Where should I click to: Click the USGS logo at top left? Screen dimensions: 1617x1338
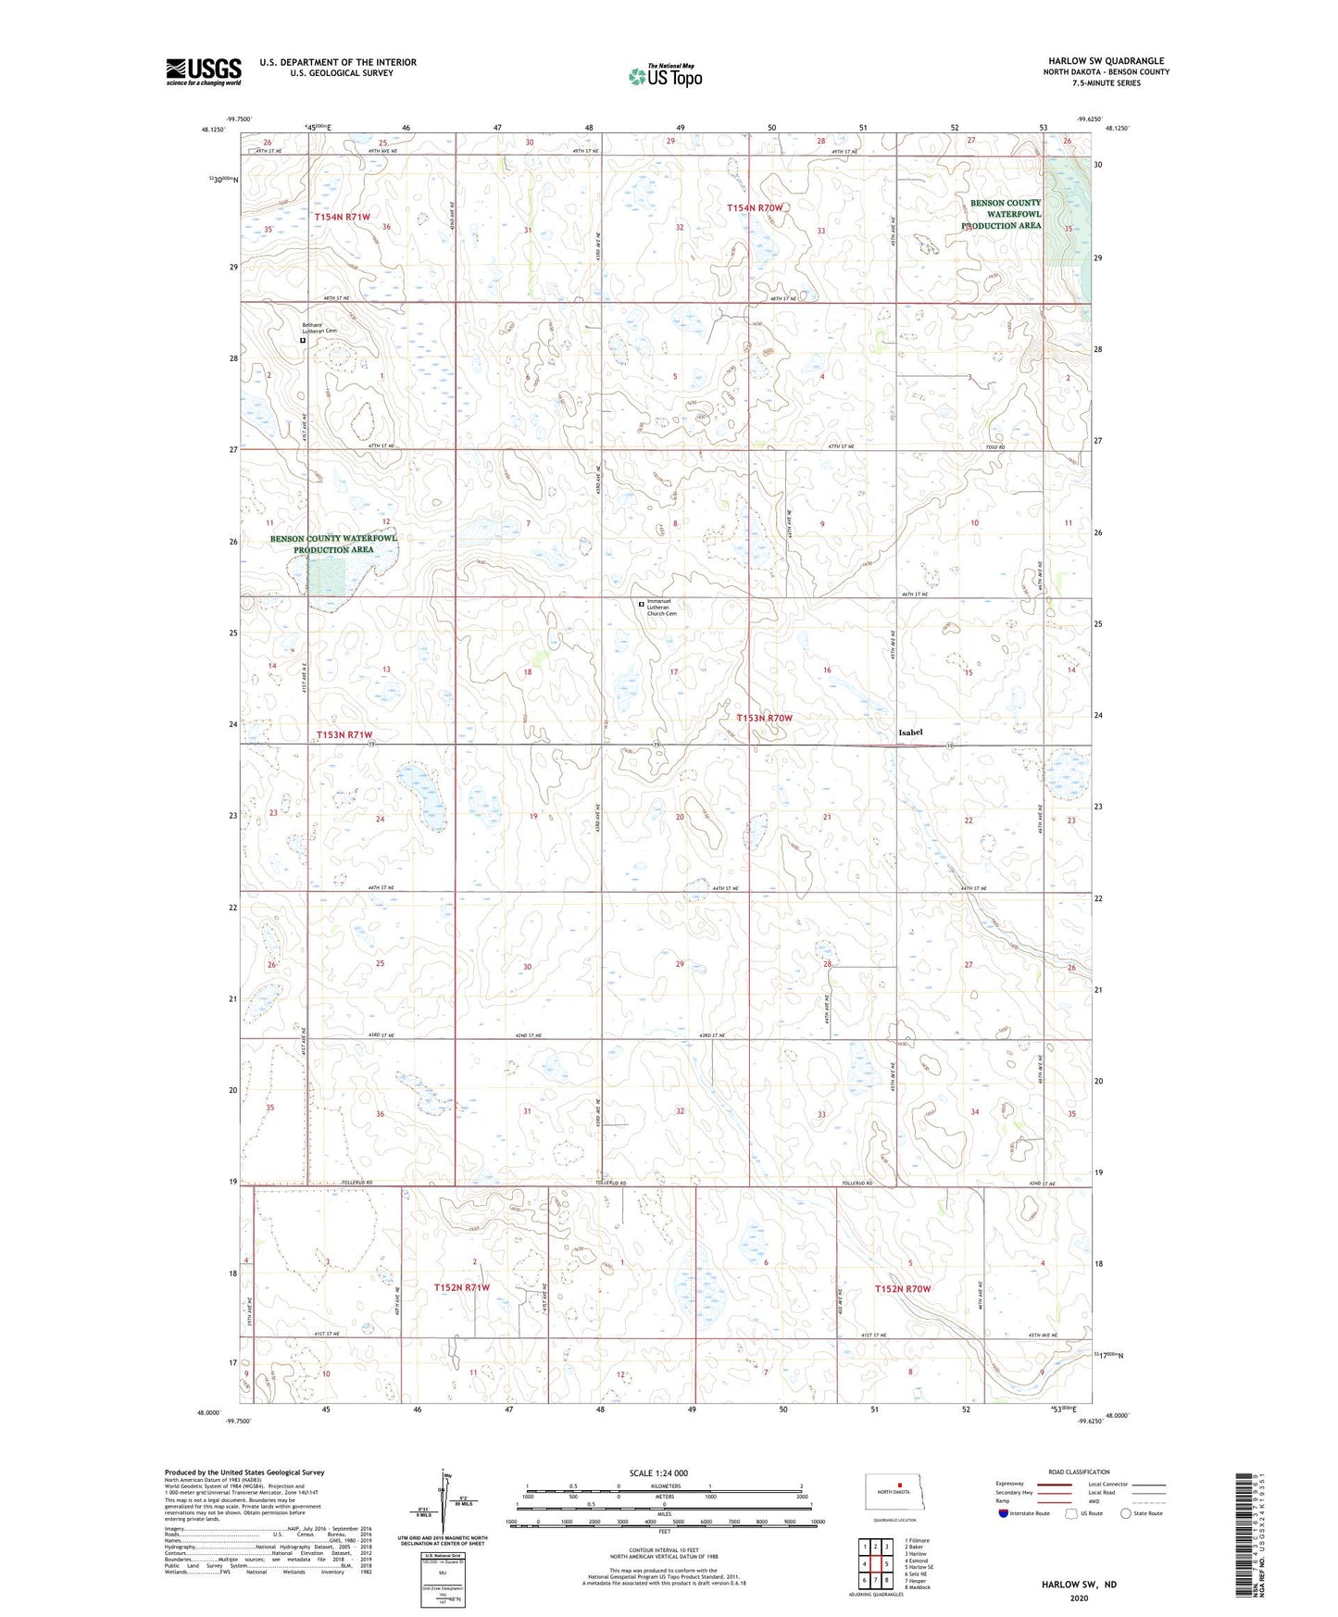pos(203,71)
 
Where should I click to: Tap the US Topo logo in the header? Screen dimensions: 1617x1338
pos(665,75)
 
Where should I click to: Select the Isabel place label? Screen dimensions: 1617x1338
pos(910,733)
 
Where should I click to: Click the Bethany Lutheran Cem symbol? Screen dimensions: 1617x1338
pos(303,341)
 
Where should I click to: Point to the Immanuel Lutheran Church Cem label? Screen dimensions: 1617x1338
pos(662,608)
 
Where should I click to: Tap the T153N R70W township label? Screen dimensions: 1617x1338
pos(765,718)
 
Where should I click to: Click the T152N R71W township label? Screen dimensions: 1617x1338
pos(461,1287)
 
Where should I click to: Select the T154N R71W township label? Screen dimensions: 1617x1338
pos(342,217)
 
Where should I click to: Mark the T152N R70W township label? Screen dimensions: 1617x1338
pos(903,1288)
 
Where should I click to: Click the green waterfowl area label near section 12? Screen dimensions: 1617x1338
pos(333,544)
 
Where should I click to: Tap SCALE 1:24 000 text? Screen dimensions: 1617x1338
pos(658,1473)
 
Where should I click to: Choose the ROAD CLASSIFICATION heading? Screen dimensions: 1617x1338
pos(1079,1472)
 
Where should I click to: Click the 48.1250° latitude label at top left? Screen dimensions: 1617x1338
pos(211,130)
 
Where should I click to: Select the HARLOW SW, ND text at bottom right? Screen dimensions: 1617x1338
pos(1079,1585)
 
